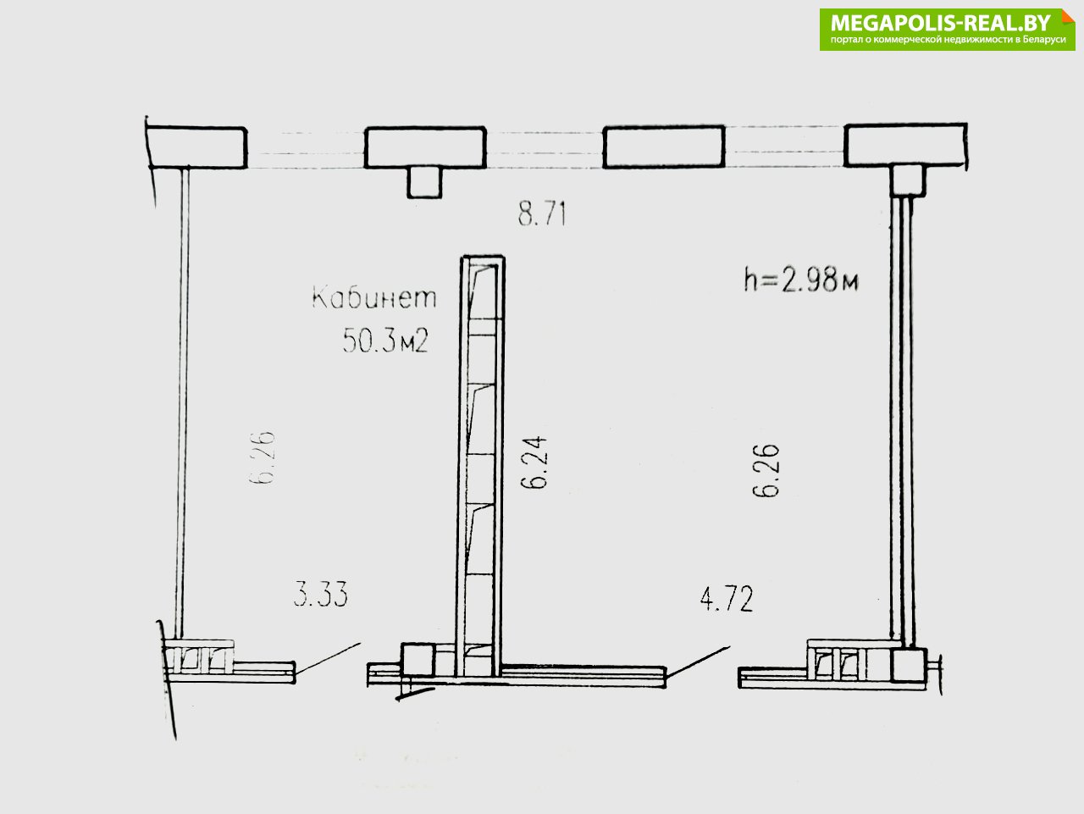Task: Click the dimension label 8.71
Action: click(x=542, y=213)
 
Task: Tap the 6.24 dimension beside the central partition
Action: click(x=534, y=462)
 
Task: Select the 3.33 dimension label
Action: click(x=320, y=594)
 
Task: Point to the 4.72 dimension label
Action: click(x=727, y=599)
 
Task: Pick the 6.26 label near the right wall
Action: click(x=766, y=471)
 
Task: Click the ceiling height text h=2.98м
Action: click(x=801, y=280)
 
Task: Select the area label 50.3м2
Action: click(x=385, y=340)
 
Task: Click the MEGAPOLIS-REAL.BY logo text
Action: click(x=941, y=23)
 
